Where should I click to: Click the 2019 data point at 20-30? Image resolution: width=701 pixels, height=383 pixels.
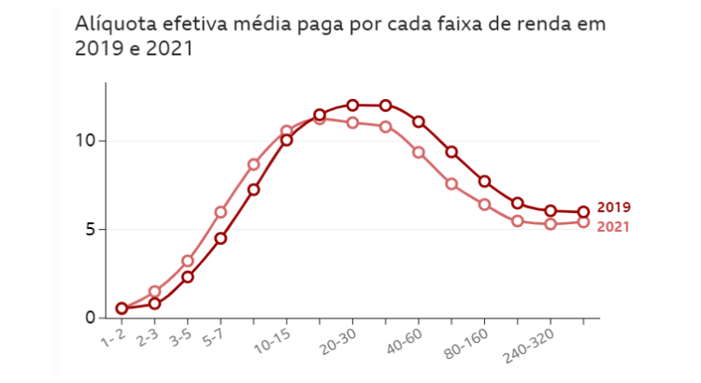352,106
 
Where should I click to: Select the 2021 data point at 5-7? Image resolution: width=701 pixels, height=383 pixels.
221,212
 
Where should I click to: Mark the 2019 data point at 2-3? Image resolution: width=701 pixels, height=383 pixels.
154,304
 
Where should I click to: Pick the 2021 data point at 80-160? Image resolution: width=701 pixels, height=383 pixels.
484,205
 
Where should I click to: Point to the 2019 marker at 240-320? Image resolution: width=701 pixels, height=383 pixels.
551,211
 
